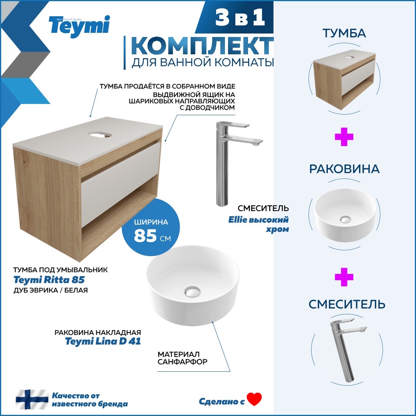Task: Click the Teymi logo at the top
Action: click(79, 26)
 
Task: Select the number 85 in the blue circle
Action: click(145, 236)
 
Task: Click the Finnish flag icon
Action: click(32, 399)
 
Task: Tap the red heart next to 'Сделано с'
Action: click(254, 399)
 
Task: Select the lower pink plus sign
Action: click(344, 277)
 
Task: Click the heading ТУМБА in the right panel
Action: click(344, 34)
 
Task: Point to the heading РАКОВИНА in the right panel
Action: click(344, 169)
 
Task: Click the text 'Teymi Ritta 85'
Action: click(49, 280)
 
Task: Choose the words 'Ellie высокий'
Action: click(263, 220)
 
